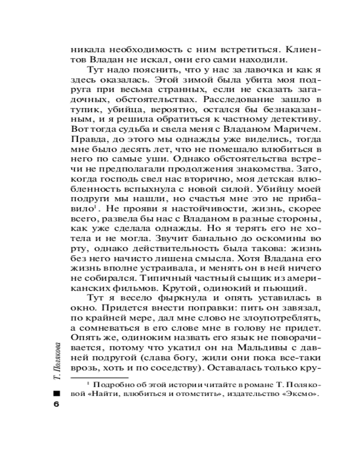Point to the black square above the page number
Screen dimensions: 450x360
[x=56, y=392]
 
